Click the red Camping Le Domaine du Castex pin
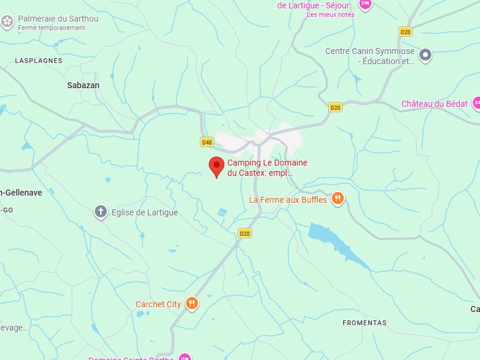click(217, 165)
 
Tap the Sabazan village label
click(83, 85)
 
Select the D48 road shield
click(207, 142)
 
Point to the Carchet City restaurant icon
click(192, 304)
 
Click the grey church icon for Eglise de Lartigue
click(101, 212)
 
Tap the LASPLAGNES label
click(39, 61)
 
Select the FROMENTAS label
click(365, 323)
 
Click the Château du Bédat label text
click(434, 104)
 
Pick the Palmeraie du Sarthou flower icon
click(7, 22)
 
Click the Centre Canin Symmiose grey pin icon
click(425, 55)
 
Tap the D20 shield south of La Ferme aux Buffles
click(244, 233)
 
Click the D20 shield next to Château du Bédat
click(335, 107)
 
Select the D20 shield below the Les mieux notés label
click(406, 31)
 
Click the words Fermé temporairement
click(51, 28)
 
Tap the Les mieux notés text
click(330, 14)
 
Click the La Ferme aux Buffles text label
click(288, 200)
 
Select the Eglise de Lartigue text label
click(145, 212)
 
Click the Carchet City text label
click(158, 304)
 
